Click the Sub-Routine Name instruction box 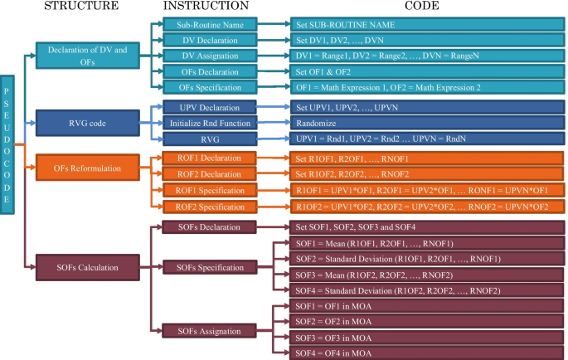point(212,26)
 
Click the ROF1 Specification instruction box point(212,190)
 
